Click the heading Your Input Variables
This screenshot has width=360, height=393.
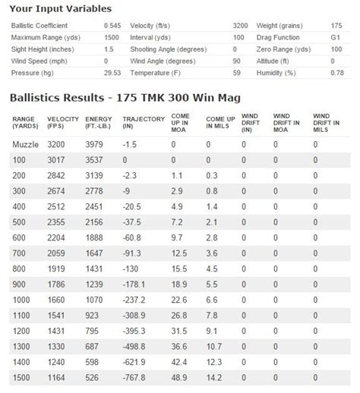[60, 9]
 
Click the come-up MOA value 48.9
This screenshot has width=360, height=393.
[179, 377]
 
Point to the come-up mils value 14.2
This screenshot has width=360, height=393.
[215, 377]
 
